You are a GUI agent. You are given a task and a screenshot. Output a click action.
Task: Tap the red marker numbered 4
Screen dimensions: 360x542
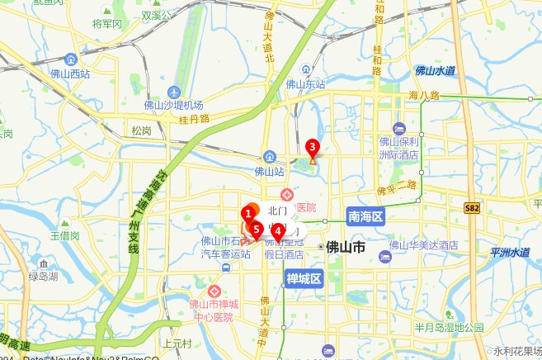tap(278, 232)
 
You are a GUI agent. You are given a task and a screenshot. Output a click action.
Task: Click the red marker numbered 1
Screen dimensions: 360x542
tap(247, 215)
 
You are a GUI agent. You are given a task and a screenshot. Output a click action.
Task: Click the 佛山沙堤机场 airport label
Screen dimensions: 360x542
tap(173, 105)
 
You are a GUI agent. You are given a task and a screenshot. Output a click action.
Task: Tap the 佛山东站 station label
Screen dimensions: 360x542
tap(305, 83)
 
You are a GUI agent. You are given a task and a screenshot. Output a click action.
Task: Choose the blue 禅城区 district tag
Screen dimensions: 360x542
tap(302, 278)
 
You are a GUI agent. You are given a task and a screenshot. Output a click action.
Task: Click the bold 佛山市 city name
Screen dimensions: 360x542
tap(346, 247)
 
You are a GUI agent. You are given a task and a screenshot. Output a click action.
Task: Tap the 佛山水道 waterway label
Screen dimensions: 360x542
tap(436, 71)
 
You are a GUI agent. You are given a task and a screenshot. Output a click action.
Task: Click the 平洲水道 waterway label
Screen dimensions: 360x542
tap(509, 253)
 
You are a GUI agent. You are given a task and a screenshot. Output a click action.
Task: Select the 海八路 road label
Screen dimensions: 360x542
tap(424, 96)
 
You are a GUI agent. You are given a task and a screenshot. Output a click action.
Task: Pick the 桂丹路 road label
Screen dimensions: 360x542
tap(194, 119)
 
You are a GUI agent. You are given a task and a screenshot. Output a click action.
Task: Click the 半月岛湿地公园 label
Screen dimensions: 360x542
tap(449, 327)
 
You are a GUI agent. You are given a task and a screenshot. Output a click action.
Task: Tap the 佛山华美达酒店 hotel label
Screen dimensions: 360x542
tap(423, 246)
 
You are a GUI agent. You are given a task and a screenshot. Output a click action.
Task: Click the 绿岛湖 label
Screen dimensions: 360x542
tap(43, 277)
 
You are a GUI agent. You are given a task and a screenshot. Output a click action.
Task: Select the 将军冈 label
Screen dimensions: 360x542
tap(107, 24)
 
